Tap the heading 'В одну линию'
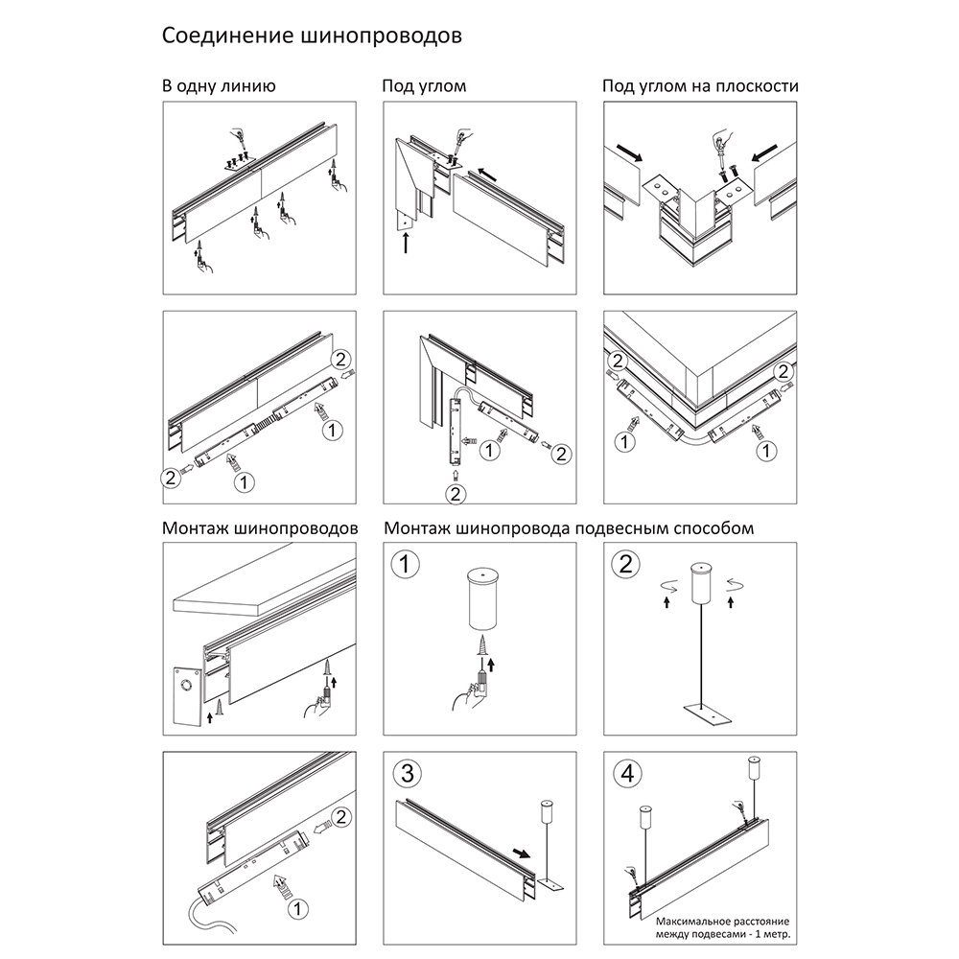point(220,86)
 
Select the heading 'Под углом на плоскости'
point(700,86)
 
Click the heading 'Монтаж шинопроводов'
point(261,528)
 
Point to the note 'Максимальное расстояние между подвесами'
point(705,927)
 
